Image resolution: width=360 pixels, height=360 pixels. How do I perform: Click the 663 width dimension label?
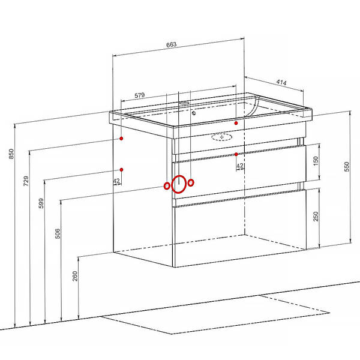171,44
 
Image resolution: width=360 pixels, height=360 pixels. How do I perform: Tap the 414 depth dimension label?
281,82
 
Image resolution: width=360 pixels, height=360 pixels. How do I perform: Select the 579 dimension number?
140,95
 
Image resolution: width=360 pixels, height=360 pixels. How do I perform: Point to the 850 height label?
11,154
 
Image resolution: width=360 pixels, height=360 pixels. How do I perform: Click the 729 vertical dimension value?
26,181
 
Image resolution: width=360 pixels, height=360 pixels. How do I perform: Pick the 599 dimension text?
41,203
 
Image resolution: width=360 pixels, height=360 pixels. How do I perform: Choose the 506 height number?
58,233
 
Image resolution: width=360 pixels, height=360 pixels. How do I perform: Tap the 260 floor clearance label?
75,276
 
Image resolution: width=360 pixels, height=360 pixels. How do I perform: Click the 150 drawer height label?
316,161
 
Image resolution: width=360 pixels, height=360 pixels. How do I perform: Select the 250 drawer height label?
316,216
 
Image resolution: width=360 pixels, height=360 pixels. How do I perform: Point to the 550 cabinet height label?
347,167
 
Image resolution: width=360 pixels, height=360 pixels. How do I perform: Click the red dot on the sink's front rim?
236,123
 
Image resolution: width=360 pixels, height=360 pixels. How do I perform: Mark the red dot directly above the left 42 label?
121,170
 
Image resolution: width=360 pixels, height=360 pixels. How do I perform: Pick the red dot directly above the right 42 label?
236,154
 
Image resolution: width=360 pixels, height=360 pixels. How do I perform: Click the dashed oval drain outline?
221,137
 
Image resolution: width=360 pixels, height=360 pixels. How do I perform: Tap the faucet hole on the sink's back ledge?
184,103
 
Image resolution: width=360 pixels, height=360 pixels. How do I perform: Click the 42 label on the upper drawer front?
240,166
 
